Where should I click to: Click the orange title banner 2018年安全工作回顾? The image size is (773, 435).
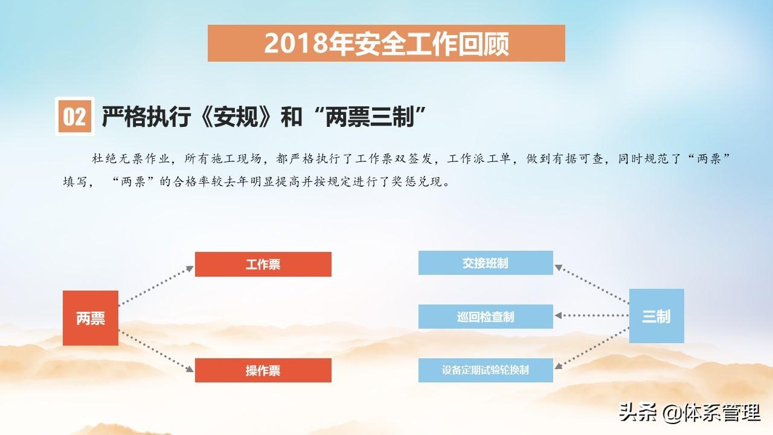[386, 43]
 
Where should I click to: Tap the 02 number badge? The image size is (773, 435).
[74, 117]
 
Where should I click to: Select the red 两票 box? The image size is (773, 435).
[91, 318]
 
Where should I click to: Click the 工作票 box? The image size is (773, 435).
[263, 264]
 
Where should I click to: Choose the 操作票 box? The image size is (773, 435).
[263, 370]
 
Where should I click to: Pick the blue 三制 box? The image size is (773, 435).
[656, 316]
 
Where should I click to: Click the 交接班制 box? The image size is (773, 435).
[486, 263]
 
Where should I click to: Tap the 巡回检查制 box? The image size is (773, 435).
[486, 316]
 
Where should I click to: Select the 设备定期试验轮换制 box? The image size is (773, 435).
[486, 370]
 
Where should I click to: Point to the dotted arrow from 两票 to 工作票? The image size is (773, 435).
[156, 285]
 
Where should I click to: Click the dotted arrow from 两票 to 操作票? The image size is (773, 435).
[156, 351]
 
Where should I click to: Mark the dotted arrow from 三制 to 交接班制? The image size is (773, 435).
[591, 284]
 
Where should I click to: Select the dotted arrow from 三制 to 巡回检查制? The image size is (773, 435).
[591, 315]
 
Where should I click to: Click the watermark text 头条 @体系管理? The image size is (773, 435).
[690, 413]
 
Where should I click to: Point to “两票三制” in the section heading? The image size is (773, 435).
[370, 117]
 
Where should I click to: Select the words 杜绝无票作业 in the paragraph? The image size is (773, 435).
[131, 158]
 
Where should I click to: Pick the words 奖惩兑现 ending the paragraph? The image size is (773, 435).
[417, 181]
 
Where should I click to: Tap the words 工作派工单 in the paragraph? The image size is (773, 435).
[479, 158]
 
